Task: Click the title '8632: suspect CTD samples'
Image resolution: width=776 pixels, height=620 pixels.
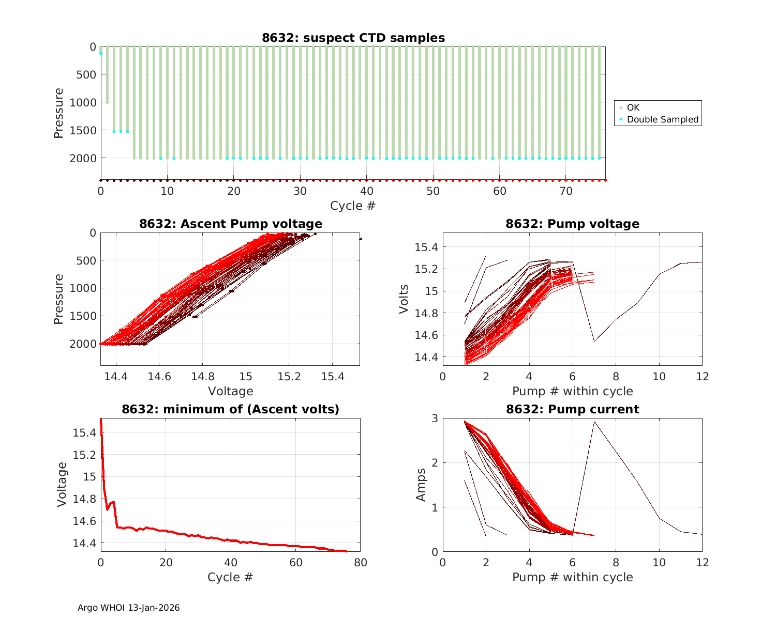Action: coord(353,38)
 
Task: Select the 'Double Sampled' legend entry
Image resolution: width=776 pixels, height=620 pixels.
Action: coord(662,119)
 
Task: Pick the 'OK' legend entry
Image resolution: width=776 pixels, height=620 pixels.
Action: coord(633,107)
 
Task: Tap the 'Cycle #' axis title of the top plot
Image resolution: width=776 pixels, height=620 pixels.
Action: coord(353,206)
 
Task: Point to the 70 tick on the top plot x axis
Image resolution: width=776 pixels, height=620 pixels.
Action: coord(565,191)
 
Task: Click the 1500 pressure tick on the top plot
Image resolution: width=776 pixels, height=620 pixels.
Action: coord(83,130)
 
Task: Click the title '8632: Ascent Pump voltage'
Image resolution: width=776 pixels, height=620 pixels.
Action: coord(230,224)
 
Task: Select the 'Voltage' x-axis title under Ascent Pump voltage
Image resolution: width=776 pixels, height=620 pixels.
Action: coord(230,391)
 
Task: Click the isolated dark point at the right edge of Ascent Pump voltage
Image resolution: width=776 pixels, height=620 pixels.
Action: coord(360,239)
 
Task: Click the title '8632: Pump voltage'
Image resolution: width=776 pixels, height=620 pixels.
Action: coord(572,224)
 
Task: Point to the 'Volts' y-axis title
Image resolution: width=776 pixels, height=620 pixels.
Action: coord(404,299)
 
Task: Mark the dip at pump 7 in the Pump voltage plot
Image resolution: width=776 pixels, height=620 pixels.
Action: coord(594,341)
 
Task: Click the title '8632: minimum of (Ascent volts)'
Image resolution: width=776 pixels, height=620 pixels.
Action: coord(230,410)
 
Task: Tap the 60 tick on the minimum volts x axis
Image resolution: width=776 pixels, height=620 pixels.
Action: coord(295,563)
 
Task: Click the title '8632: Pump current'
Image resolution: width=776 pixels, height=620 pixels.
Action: coord(572,410)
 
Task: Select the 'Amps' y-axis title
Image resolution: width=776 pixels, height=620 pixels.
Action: coord(421,485)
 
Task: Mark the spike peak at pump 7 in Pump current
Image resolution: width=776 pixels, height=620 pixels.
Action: coord(594,422)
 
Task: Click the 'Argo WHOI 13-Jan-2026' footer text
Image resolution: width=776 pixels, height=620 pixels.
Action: coord(128,608)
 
